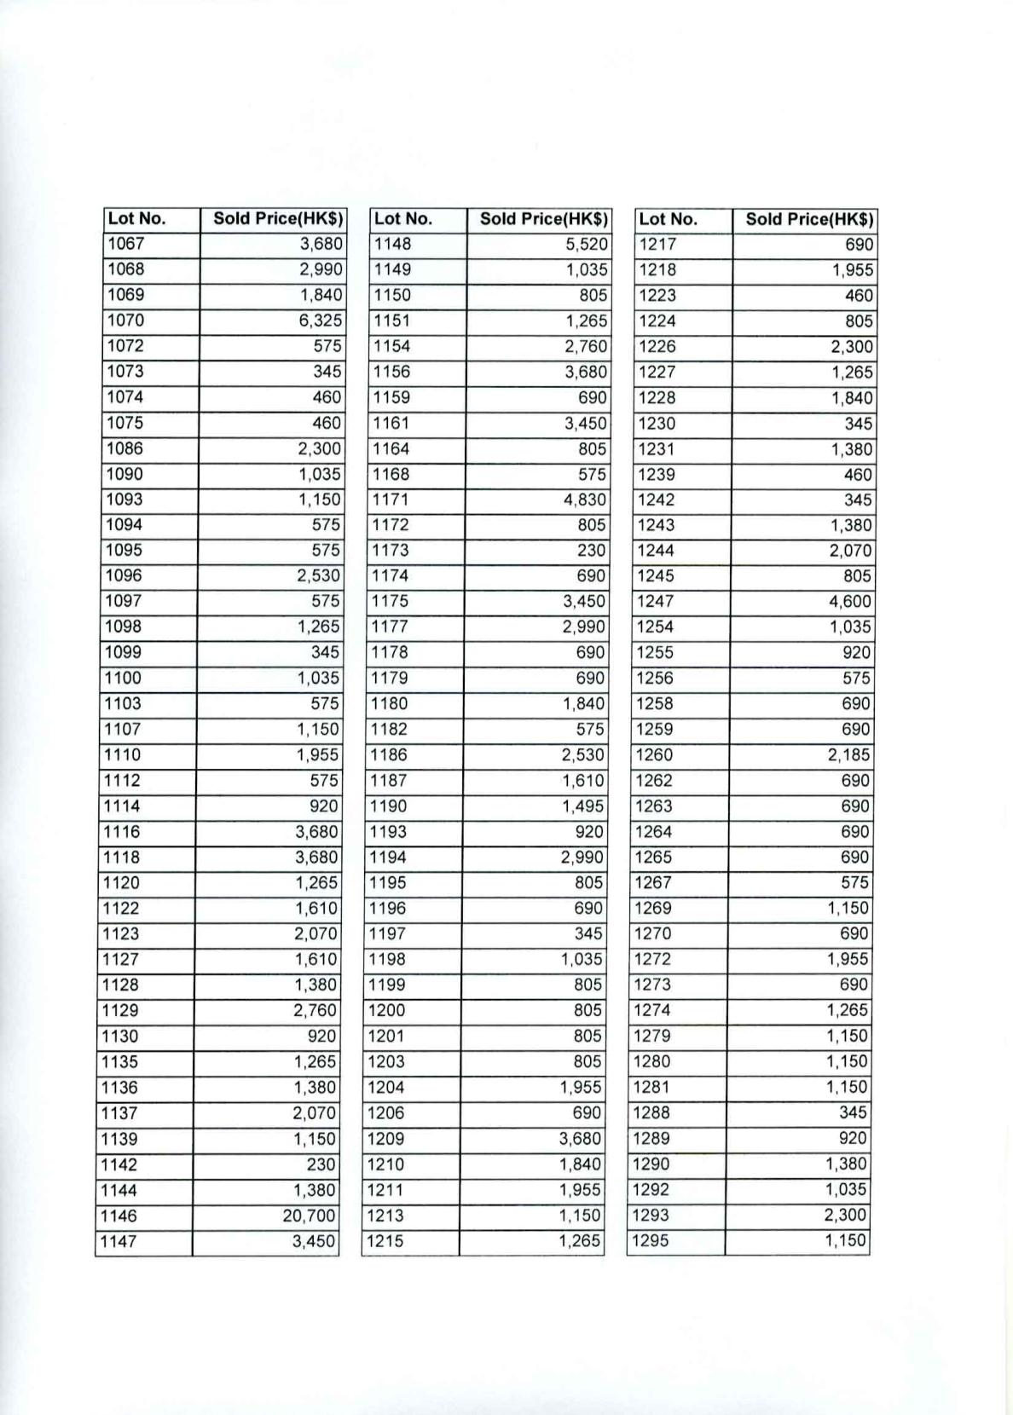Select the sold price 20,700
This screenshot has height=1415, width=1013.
[310, 1216]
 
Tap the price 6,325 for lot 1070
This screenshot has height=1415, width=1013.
[320, 321]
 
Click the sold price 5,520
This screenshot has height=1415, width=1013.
[587, 244]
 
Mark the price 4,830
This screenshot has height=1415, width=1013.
[584, 500]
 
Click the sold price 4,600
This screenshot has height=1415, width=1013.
[850, 601]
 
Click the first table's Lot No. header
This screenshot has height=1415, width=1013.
[136, 218]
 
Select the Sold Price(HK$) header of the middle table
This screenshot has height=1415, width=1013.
[543, 218]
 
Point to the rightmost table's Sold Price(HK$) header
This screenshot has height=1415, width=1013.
[809, 218]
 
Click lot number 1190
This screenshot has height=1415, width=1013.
[388, 806]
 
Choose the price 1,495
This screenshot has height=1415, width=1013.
[582, 806]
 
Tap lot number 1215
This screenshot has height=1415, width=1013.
[385, 1241]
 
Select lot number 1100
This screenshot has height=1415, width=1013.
[122, 678]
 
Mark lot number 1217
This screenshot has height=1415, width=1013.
[657, 244]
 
